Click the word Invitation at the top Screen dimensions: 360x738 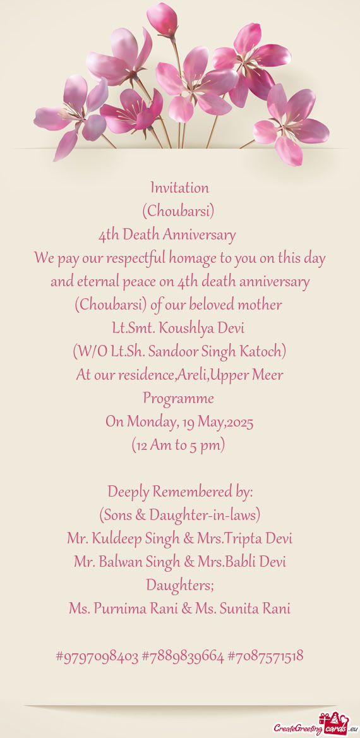tap(179, 188)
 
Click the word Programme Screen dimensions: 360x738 tap(178, 399)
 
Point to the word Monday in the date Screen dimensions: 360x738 tap(149, 422)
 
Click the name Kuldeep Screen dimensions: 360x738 tap(119, 539)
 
